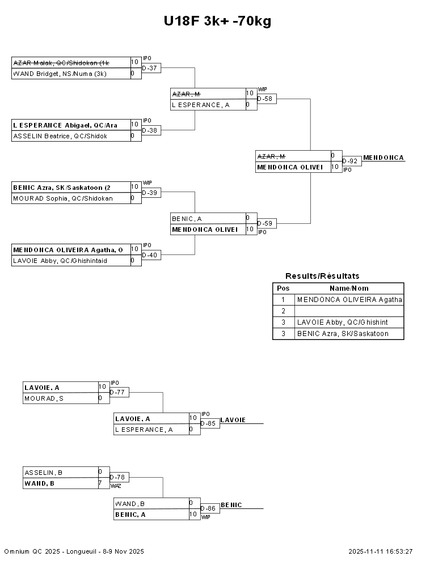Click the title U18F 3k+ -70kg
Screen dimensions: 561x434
pos(217,22)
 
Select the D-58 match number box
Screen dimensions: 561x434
pos(266,99)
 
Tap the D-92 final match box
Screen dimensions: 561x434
pos(350,161)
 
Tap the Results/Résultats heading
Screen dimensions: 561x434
pos(322,276)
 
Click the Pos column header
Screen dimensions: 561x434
pos(283,288)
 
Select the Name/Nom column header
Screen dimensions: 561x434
pos(349,288)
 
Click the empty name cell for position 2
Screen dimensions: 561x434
pos(349,311)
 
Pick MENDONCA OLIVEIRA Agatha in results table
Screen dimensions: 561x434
pos(349,300)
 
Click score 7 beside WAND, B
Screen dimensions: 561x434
pos(100,483)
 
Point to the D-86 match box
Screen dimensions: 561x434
pos(209,508)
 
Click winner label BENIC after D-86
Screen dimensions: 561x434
pos(231,505)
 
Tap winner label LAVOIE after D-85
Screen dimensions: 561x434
pos(233,420)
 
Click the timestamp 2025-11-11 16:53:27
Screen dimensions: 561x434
pos(380,551)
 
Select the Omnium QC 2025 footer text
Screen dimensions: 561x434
pos(74,551)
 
